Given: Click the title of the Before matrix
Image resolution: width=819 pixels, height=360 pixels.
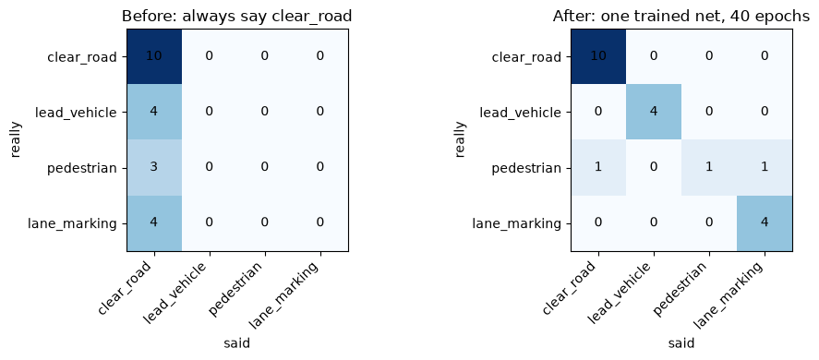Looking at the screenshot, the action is (x=236, y=17).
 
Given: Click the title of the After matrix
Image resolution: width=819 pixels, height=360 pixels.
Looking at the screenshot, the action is (x=681, y=17).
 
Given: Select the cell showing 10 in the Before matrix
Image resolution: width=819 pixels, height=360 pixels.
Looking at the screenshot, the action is (x=154, y=56).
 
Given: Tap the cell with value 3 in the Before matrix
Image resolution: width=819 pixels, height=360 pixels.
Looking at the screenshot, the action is (x=154, y=167).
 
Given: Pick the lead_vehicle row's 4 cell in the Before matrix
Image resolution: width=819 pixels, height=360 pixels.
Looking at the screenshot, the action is (x=154, y=112).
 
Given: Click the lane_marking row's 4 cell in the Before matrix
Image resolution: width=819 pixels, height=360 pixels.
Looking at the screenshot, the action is (x=154, y=223).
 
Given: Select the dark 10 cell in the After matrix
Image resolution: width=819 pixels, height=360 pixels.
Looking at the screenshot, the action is (x=598, y=56).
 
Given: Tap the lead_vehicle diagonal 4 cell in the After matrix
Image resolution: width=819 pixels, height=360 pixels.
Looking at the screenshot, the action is (x=654, y=112).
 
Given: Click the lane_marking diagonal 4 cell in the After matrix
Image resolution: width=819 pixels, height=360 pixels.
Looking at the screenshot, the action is (x=765, y=223).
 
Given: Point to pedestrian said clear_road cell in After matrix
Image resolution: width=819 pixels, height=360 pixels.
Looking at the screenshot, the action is (x=598, y=167).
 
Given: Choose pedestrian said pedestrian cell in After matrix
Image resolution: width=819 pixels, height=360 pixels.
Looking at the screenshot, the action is (x=709, y=167).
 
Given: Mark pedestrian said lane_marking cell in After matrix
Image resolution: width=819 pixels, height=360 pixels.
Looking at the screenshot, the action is (x=765, y=167).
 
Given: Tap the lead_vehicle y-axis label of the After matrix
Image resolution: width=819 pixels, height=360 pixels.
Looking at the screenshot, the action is (x=526, y=113).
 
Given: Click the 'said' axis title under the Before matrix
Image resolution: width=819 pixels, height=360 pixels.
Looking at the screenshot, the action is (x=237, y=343).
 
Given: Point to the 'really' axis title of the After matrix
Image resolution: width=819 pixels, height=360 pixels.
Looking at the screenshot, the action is (x=459, y=140).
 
